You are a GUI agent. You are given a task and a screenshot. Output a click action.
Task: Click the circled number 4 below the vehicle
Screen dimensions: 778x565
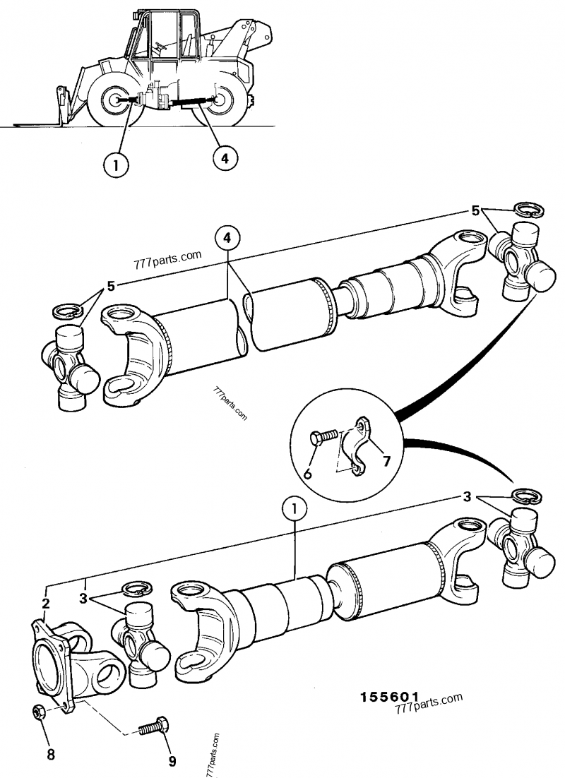[x=223, y=158]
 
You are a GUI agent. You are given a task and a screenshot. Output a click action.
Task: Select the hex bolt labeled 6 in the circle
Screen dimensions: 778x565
[x=321, y=439]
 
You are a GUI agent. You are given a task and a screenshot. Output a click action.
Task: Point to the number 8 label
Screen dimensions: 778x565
[x=50, y=754]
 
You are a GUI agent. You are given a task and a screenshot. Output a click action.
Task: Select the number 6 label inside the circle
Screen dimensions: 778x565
[x=308, y=474]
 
